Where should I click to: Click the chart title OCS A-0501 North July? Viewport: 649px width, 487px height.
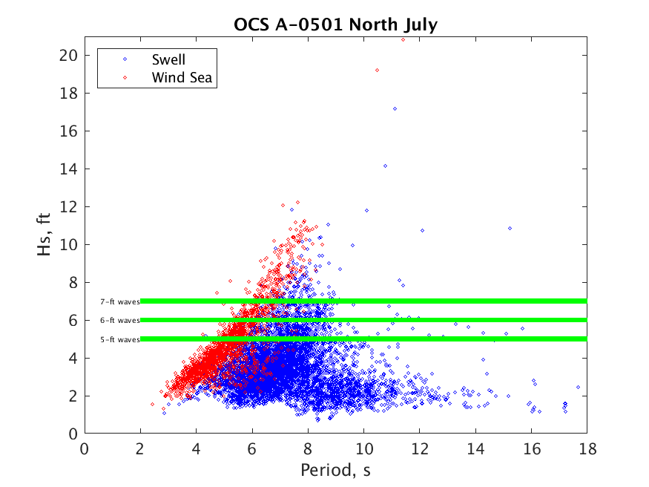[335, 25]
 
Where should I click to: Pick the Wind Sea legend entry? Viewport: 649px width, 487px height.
[183, 77]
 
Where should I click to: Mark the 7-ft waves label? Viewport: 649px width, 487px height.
[119, 301]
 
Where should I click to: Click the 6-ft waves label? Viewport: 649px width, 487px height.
[119, 321]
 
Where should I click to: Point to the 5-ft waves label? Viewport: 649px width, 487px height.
[119, 339]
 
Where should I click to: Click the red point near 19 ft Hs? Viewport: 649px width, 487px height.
[378, 70]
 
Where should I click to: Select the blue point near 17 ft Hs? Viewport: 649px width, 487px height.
[395, 108]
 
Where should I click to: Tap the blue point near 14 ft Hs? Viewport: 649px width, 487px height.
[385, 166]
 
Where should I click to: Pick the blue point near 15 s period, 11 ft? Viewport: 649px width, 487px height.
[510, 228]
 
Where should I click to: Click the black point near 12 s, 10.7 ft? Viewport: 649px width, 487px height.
[422, 230]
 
